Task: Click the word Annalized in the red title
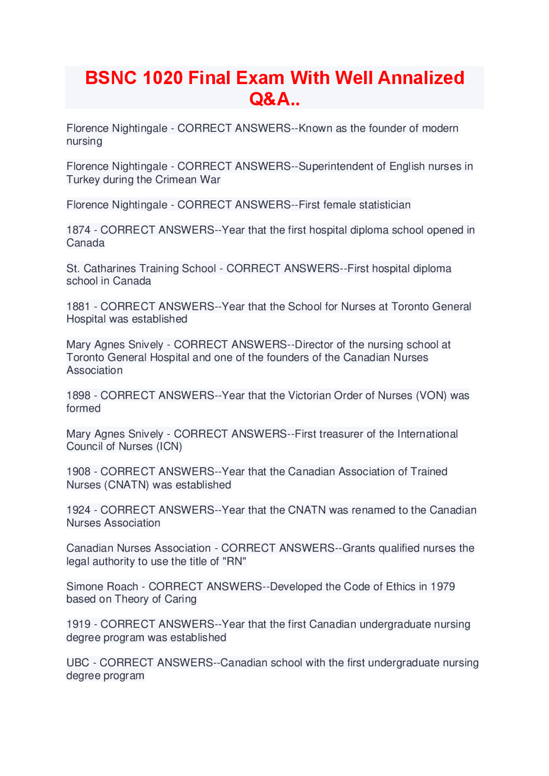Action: tap(421, 78)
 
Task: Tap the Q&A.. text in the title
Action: tap(274, 99)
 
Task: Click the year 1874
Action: tap(78, 230)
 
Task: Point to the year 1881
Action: tap(78, 307)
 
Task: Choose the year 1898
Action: tap(78, 396)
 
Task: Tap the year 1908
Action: tap(78, 472)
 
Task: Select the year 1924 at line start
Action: tap(78, 510)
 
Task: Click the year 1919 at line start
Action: tap(78, 625)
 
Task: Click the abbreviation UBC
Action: tap(78, 663)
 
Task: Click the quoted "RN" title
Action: tap(234, 561)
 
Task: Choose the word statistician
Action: tap(385, 205)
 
